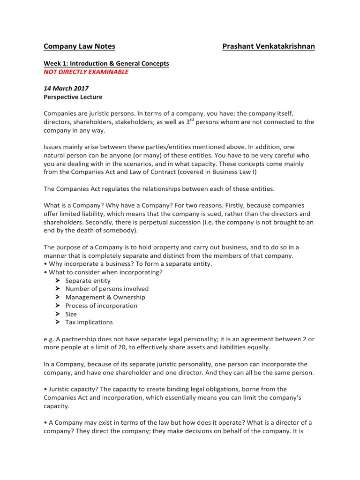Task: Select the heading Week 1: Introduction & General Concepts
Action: [x=106, y=63]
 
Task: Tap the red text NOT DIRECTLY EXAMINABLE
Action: [x=86, y=72]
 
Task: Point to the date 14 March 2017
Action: [x=66, y=88]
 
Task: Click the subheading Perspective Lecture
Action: [x=73, y=97]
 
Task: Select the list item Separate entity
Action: [x=88, y=281]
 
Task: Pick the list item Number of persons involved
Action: [x=107, y=289]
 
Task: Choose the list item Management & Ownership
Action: [x=105, y=297]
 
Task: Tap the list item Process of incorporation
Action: [x=101, y=306]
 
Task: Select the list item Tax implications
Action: [x=89, y=322]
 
